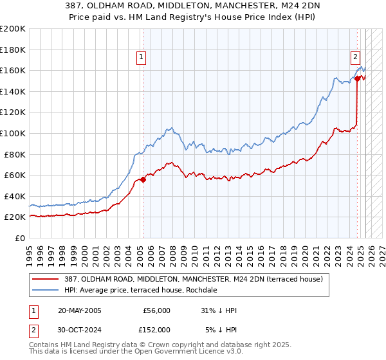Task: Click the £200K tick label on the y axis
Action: [x=13, y=29]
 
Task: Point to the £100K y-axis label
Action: [x=13, y=133]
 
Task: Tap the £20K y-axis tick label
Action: [x=15, y=217]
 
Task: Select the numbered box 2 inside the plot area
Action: [x=355, y=57]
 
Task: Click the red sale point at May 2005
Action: [x=143, y=180]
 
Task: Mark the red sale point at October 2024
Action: [x=356, y=79]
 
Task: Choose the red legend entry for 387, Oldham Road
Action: [x=193, y=278]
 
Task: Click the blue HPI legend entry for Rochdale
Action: [x=142, y=290]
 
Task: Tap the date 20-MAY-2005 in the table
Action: [x=79, y=310]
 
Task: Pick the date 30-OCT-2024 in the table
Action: [x=79, y=329]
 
